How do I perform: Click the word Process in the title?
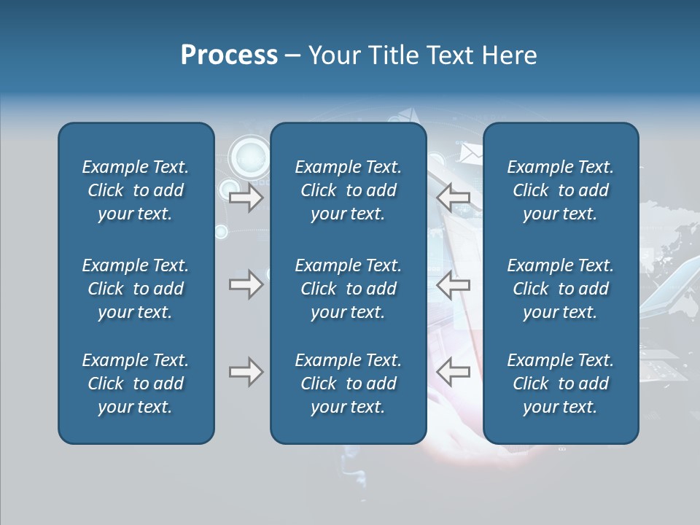(229, 55)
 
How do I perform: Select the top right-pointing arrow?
(246, 198)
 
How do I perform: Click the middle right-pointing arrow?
(246, 284)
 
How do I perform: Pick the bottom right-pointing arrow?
(246, 372)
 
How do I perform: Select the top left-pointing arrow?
(454, 198)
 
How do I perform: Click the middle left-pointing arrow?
(454, 284)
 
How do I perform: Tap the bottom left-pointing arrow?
(454, 372)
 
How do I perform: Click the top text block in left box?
(136, 190)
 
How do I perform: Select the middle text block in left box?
(136, 289)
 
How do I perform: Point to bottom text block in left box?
(136, 384)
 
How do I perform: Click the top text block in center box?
(348, 190)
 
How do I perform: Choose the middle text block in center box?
(348, 289)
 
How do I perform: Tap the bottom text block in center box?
(348, 384)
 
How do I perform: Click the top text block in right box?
(560, 190)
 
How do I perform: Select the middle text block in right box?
(560, 289)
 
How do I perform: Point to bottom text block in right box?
(560, 384)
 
